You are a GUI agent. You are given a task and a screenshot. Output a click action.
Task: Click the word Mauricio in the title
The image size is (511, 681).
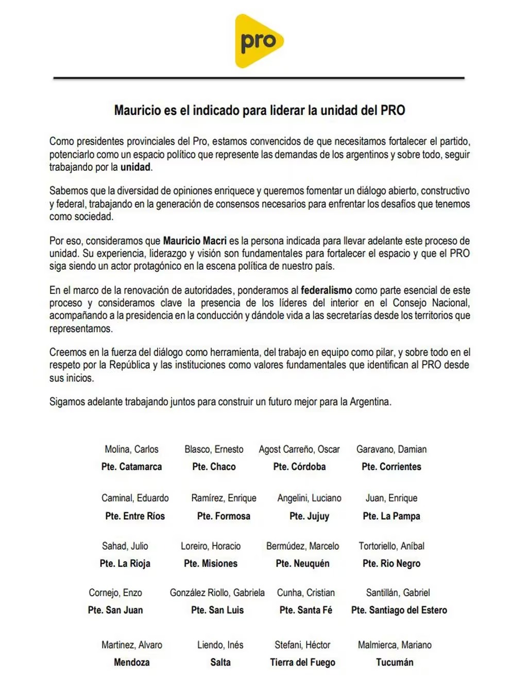pos(138,111)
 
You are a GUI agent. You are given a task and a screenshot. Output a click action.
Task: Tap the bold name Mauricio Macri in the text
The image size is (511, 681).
pos(195,241)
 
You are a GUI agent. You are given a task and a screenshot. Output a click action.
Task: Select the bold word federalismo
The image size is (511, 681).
pos(327,290)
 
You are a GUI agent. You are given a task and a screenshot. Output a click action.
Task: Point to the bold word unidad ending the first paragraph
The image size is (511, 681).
pos(135,167)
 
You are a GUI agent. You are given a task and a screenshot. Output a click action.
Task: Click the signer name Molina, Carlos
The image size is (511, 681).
pos(131,449)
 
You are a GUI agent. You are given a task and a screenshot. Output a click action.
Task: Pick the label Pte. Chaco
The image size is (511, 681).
pos(214,467)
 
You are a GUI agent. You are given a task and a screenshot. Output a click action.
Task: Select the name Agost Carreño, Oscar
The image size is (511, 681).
pos(299,449)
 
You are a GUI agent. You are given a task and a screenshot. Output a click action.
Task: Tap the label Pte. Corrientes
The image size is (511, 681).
pos(391,467)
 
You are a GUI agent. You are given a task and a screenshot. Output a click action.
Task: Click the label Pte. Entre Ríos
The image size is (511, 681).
pos(135,516)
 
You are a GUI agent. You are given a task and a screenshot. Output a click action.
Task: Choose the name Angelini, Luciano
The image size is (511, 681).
pos(309,498)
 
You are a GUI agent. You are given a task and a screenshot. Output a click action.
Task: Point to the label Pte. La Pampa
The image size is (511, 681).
pos(391,516)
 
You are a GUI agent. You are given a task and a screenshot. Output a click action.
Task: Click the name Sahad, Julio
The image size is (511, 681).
pos(125,546)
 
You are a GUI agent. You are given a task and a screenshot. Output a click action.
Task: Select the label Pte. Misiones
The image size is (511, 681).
pos(211,564)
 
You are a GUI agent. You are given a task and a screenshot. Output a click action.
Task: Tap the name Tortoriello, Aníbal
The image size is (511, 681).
pos(391,546)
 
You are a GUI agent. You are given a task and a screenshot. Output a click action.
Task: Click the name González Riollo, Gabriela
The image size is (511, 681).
pos(217,593)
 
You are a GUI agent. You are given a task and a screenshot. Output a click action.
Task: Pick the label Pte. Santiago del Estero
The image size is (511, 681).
pos(399,610)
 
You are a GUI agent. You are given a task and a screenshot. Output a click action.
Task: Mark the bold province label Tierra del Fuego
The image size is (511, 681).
pos(303,662)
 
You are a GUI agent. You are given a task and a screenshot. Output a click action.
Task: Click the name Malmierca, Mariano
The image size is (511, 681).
pos(395,645)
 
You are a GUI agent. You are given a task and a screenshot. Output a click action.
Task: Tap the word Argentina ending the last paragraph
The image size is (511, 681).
pos(370,402)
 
